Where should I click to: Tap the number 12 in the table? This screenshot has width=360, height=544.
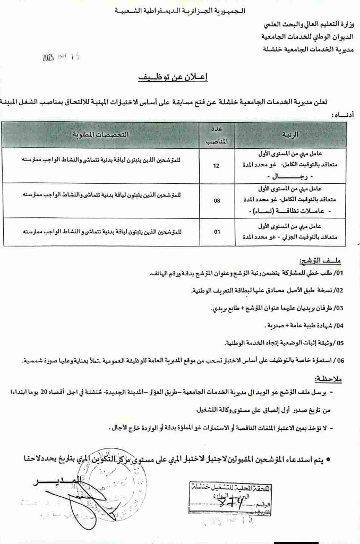point(215,166)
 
